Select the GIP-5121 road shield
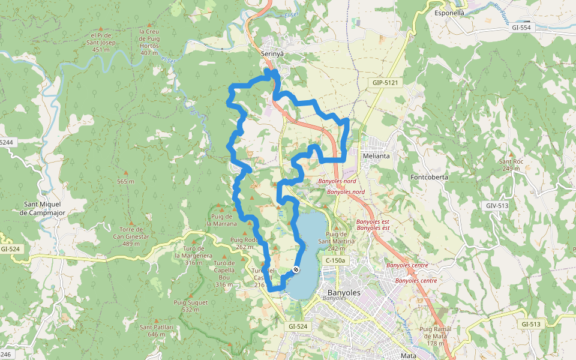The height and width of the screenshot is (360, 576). [x=385, y=82]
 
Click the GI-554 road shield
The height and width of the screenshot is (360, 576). [x=522, y=27]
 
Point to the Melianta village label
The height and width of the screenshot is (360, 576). [x=376, y=156]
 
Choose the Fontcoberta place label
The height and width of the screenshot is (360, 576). [x=429, y=177]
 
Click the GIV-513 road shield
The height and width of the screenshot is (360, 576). [x=497, y=205]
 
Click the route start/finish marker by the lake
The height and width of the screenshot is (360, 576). [x=296, y=269]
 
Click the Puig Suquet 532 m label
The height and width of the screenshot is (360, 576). [x=190, y=306]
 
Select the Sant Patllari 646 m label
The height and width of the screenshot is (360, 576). [x=157, y=331]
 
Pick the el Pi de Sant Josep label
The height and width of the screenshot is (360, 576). [x=100, y=42]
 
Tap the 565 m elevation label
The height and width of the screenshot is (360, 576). [x=125, y=181]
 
